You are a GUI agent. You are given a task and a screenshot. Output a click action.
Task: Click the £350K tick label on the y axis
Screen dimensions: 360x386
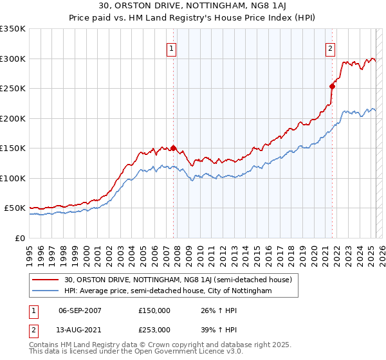[x=13, y=29]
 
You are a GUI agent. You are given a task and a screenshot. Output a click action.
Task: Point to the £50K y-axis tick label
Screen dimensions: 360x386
[x=15, y=208]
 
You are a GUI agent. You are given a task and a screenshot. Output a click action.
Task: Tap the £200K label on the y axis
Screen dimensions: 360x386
[x=13, y=118]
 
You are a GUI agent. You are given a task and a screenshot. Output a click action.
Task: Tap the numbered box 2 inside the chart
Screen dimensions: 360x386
[x=330, y=48]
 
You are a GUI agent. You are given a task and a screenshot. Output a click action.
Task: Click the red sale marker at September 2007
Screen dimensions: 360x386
[x=173, y=148]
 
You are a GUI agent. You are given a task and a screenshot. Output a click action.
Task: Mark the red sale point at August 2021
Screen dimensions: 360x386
[x=332, y=86]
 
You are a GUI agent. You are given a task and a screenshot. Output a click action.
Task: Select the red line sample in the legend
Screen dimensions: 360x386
[x=46, y=280]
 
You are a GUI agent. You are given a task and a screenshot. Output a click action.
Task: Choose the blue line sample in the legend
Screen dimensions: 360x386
[x=46, y=291]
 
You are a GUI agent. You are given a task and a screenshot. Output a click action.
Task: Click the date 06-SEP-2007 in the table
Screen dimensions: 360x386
[x=80, y=310]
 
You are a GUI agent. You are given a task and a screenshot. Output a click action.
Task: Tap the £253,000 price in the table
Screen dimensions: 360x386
[x=154, y=329]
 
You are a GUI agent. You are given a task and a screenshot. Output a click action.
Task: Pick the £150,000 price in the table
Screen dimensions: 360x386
[x=154, y=310]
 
